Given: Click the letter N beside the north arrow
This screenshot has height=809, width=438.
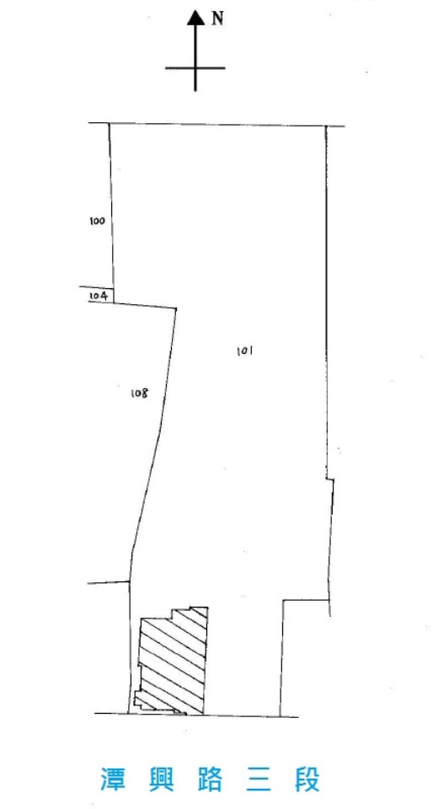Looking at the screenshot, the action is (x=218, y=19).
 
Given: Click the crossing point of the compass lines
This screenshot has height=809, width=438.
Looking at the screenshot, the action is (x=195, y=67).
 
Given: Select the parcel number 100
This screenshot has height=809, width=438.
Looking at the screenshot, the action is (x=97, y=222).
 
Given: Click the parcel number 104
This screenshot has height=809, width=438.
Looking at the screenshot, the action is (x=98, y=296).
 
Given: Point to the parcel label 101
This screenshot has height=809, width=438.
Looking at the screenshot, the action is (x=243, y=351).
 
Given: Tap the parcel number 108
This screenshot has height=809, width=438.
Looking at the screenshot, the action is (x=139, y=394).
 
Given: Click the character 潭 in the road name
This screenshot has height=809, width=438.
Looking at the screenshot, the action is (x=113, y=779).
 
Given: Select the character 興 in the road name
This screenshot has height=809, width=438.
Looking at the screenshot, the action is (x=161, y=779).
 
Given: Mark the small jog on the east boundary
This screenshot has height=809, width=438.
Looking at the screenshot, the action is (x=330, y=480).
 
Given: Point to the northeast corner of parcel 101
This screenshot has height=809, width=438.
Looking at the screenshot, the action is (x=325, y=126).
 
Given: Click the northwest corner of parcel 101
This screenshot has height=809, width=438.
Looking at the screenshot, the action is (x=109, y=124).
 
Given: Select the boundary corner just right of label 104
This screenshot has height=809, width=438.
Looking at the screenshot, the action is (x=114, y=303).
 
